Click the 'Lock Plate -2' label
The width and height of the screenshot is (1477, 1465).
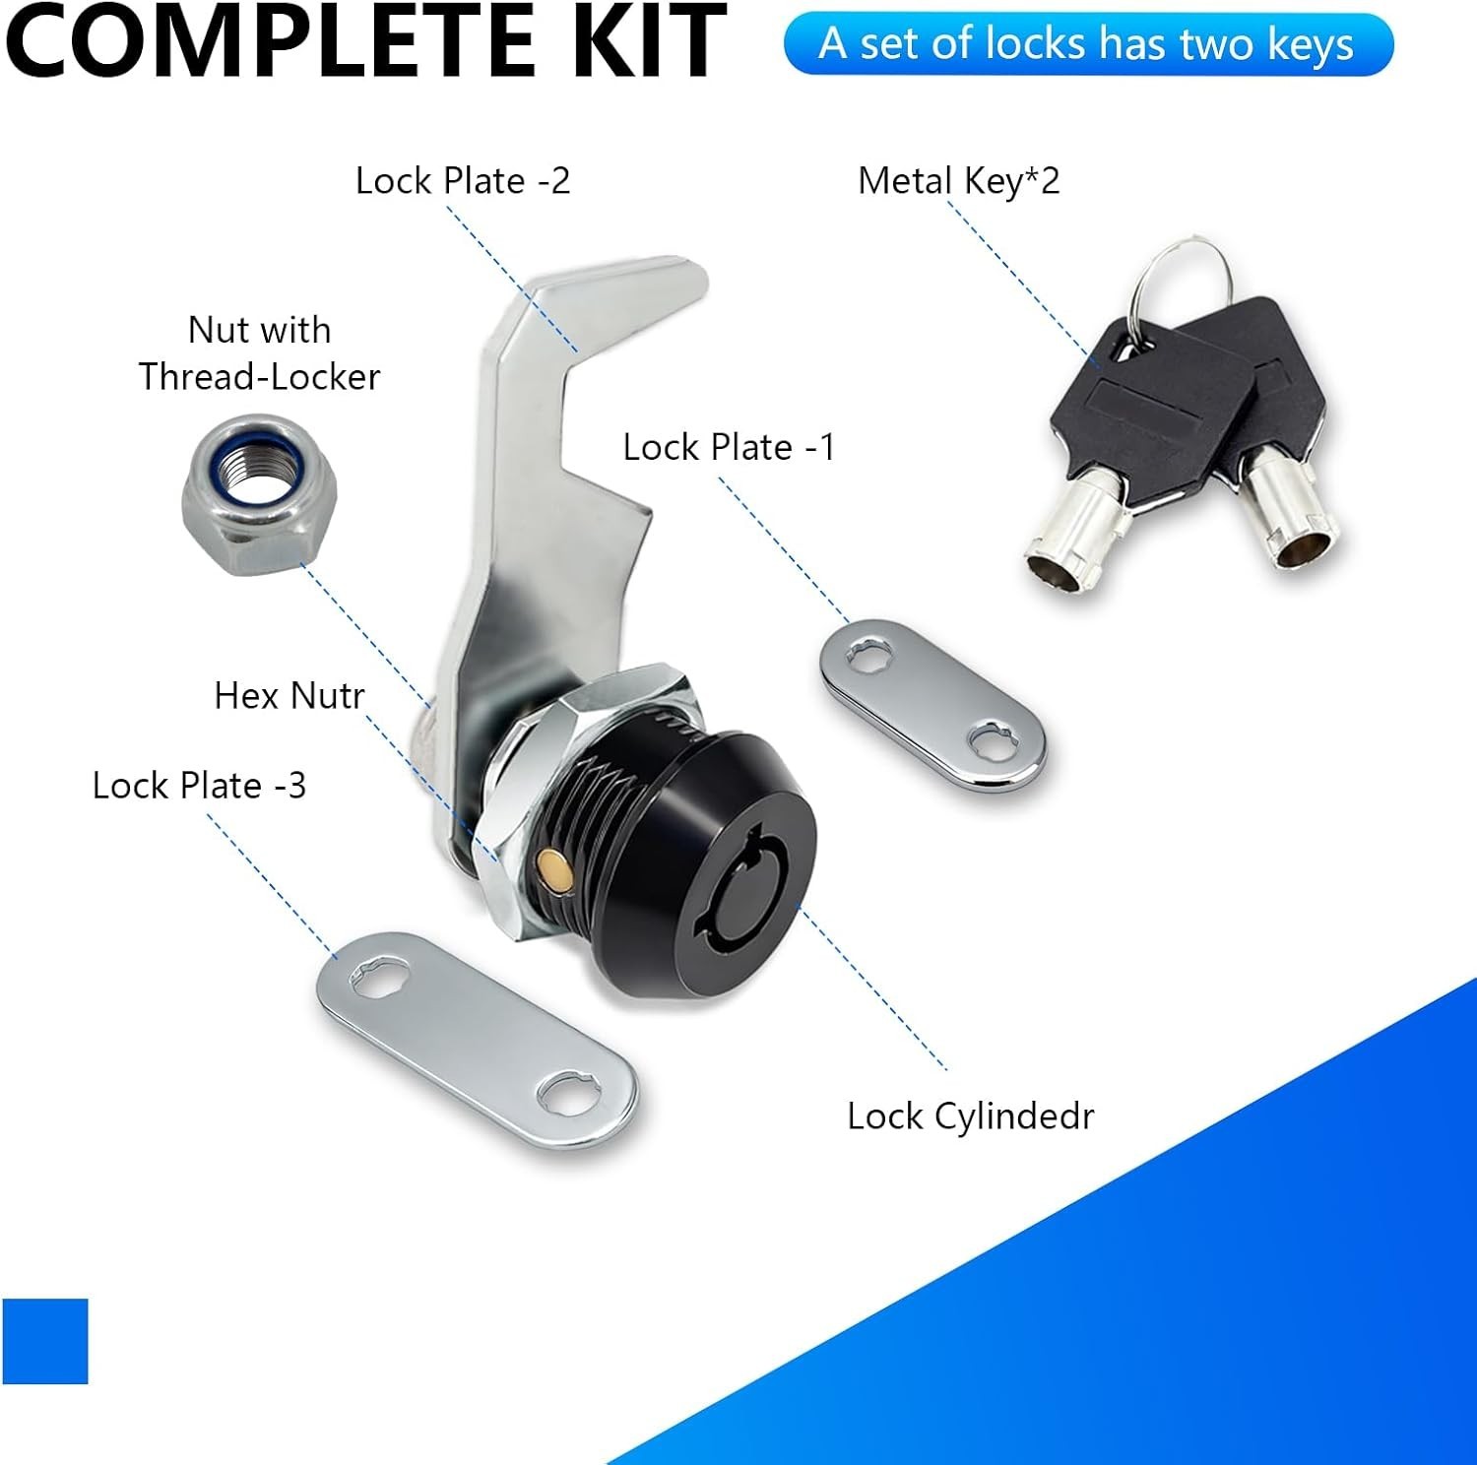463,181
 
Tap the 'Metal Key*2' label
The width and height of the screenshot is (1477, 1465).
958,182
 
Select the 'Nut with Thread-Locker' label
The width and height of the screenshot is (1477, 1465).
259,353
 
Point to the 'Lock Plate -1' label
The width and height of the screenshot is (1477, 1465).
729,448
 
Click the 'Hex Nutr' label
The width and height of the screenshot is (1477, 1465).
289,696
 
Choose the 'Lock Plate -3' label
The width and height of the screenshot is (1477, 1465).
199,786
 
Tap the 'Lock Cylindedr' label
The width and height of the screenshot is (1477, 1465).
970,1116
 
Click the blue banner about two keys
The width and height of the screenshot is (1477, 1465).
1088,44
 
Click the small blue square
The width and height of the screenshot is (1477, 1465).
45,1341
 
